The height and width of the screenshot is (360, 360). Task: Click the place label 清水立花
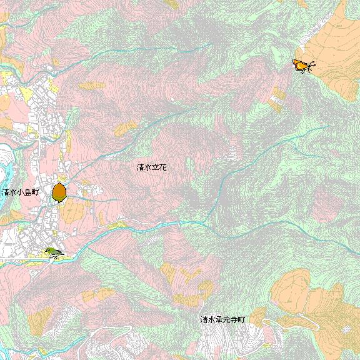152,167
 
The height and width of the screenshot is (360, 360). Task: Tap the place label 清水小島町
20,192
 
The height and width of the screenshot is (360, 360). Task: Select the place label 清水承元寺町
222,320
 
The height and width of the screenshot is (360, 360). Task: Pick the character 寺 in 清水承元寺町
234,320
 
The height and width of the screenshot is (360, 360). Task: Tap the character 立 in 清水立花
156,167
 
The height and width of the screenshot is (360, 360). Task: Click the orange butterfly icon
303,65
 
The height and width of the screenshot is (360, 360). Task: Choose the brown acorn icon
59,192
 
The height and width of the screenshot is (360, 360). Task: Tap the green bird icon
52,252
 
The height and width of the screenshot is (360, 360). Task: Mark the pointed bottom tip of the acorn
59,202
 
